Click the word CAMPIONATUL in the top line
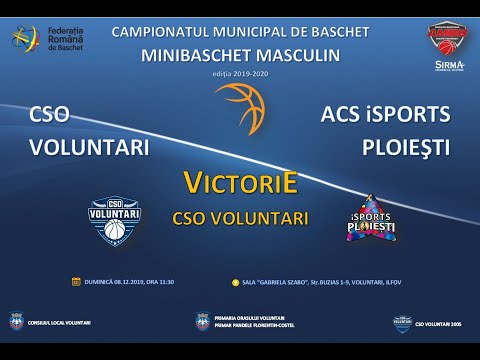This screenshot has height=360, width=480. tap(164, 32)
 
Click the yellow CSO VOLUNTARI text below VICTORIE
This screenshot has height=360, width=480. tap(239, 217)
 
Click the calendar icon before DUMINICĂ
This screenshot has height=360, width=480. tap(76, 282)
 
